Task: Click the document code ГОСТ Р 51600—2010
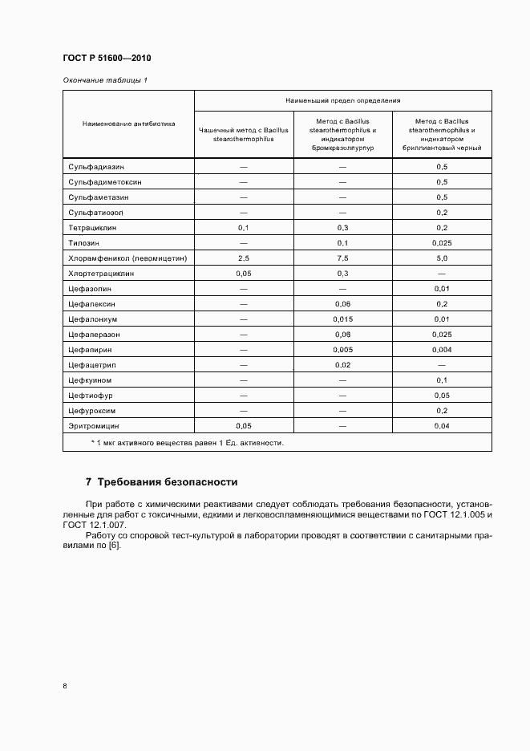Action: [x=106, y=59]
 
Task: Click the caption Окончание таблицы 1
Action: [x=105, y=80]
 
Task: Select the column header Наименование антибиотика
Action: [x=128, y=124]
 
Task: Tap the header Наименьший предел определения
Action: [x=342, y=100]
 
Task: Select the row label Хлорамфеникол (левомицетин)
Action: [x=127, y=258]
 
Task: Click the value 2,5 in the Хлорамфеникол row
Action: [x=244, y=258]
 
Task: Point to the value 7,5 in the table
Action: [x=342, y=258]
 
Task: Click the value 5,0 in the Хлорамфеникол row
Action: [x=441, y=258]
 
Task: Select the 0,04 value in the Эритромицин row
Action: [x=441, y=425]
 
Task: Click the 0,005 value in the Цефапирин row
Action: [x=342, y=350]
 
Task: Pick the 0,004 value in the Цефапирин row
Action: [x=441, y=350]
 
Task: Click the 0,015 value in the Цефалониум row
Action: [x=342, y=319]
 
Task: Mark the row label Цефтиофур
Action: [x=90, y=395]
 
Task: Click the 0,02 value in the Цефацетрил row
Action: [x=342, y=365]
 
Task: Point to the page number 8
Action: [x=64, y=685]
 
